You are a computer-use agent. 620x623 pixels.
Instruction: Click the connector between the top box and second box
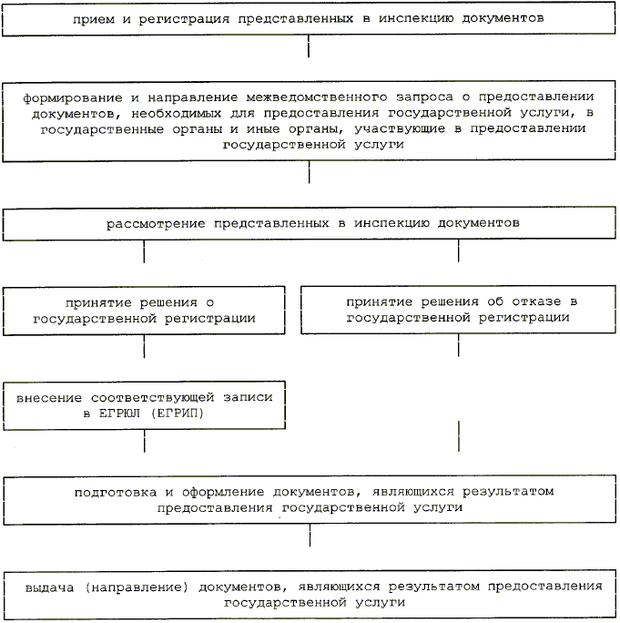click(x=310, y=46)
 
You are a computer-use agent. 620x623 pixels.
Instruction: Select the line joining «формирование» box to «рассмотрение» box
click(x=310, y=172)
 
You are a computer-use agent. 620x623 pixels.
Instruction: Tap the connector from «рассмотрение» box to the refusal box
click(x=458, y=250)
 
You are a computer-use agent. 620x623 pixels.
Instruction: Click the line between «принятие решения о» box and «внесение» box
click(x=144, y=347)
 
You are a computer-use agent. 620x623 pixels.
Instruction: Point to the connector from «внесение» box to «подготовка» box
click(x=144, y=442)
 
